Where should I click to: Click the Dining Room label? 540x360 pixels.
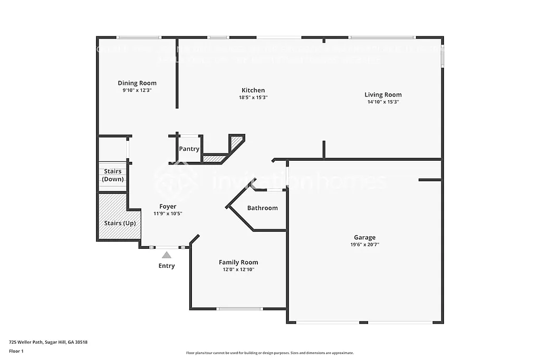tap(137, 83)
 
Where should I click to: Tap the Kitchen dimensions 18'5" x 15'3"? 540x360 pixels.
tap(253, 98)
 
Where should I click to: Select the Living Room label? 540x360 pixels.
tap(383, 95)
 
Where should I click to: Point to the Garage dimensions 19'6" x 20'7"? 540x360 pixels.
tap(365, 245)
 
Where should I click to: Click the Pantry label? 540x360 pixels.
tap(189, 149)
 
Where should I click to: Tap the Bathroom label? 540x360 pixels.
tap(262, 208)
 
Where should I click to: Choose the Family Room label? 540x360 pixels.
tap(238, 262)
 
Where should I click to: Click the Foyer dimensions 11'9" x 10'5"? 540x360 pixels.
tap(168, 214)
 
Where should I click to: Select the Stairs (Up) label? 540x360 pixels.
tap(119, 223)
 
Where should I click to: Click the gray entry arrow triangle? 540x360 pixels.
tap(167, 255)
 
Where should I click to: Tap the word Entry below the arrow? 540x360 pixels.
tap(167, 266)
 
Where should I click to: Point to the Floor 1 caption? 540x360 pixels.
tap(16, 351)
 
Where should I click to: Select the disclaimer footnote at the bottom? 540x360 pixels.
tap(269, 353)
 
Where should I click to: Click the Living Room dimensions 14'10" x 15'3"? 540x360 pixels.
tap(383, 102)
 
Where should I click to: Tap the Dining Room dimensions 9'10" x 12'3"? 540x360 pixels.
tap(137, 90)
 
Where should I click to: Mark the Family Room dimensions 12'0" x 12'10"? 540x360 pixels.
tap(238, 270)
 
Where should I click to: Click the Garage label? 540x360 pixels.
tap(365, 238)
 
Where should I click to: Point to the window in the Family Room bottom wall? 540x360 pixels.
tap(240, 309)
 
